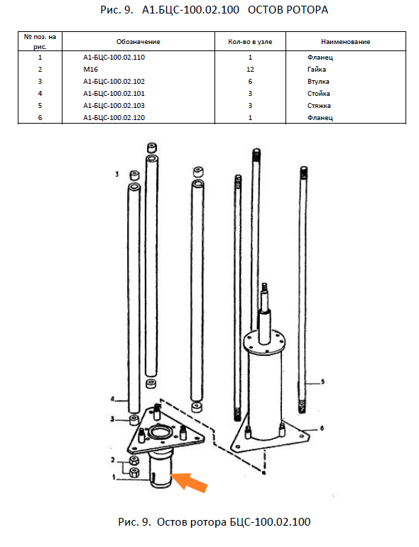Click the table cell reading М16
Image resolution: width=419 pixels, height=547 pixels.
pyautogui.click(x=91, y=69)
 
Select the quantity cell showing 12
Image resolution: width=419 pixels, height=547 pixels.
pyautogui.click(x=250, y=69)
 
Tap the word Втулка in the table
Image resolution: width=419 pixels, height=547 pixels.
pyautogui.click(x=318, y=81)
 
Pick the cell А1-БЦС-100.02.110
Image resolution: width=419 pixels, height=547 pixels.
pyautogui.click(x=114, y=58)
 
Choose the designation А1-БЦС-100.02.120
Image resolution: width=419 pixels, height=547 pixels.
pyautogui.click(x=114, y=117)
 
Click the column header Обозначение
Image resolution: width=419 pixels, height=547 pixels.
pyautogui.click(x=138, y=42)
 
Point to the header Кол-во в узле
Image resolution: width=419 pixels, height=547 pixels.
pyautogui.click(x=250, y=42)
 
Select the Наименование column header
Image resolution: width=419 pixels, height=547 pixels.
pyautogui.click(x=345, y=42)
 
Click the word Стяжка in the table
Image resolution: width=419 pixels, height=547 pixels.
pyautogui.click(x=319, y=105)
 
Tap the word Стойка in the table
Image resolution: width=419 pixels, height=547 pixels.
pyautogui.click(x=319, y=94)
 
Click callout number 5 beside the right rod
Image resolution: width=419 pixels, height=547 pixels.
pyautogui.click(x=322, y=381)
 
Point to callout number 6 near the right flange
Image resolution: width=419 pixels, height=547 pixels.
pyautogui.click(x=322, y=428)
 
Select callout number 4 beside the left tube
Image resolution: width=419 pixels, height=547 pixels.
pyautogui.click(x=112, y=399)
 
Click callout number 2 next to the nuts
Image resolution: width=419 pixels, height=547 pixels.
pyautogui.click(x=113, y=460)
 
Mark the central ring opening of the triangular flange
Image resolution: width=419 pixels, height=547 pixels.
pyautogui.click(x=160, y=433)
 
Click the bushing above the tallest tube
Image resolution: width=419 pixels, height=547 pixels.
pyautogui.click(x=152, y=148)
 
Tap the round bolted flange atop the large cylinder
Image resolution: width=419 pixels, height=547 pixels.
pyautogui.click(x=264, y=342)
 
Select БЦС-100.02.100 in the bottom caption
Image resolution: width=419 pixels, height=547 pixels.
pyautogui.click(x=270, y=522)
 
